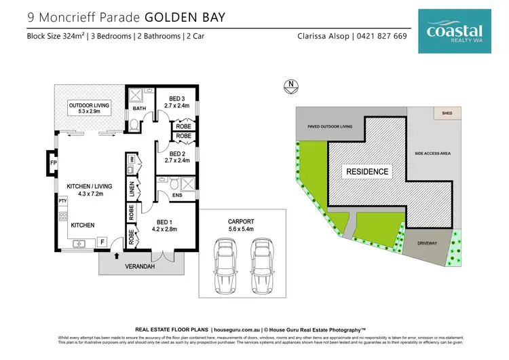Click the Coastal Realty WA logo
pyautogui.click(x=455, y=31)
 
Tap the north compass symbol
pyautogui.click(x=290, y=86)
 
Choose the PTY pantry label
pyautogui.click(x=62, y=201)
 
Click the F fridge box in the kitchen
pyautogui.click(x=102, y=242)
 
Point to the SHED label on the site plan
pyautogui.click(x=447, y=113)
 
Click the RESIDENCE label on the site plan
pyautogui.click(x=367, y=172)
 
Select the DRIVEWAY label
pyautogui.click(x=428, y=240)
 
